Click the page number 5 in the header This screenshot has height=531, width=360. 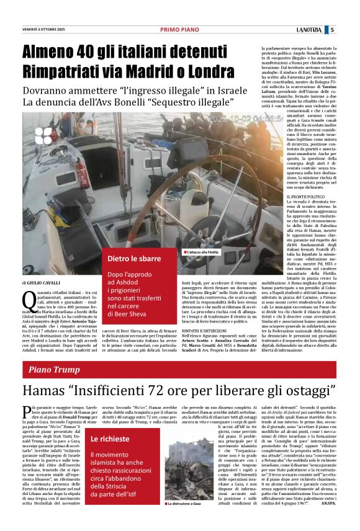[333, 30]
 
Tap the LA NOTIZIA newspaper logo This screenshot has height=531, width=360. [310, 30]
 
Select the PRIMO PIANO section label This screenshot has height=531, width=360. [179, 30]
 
